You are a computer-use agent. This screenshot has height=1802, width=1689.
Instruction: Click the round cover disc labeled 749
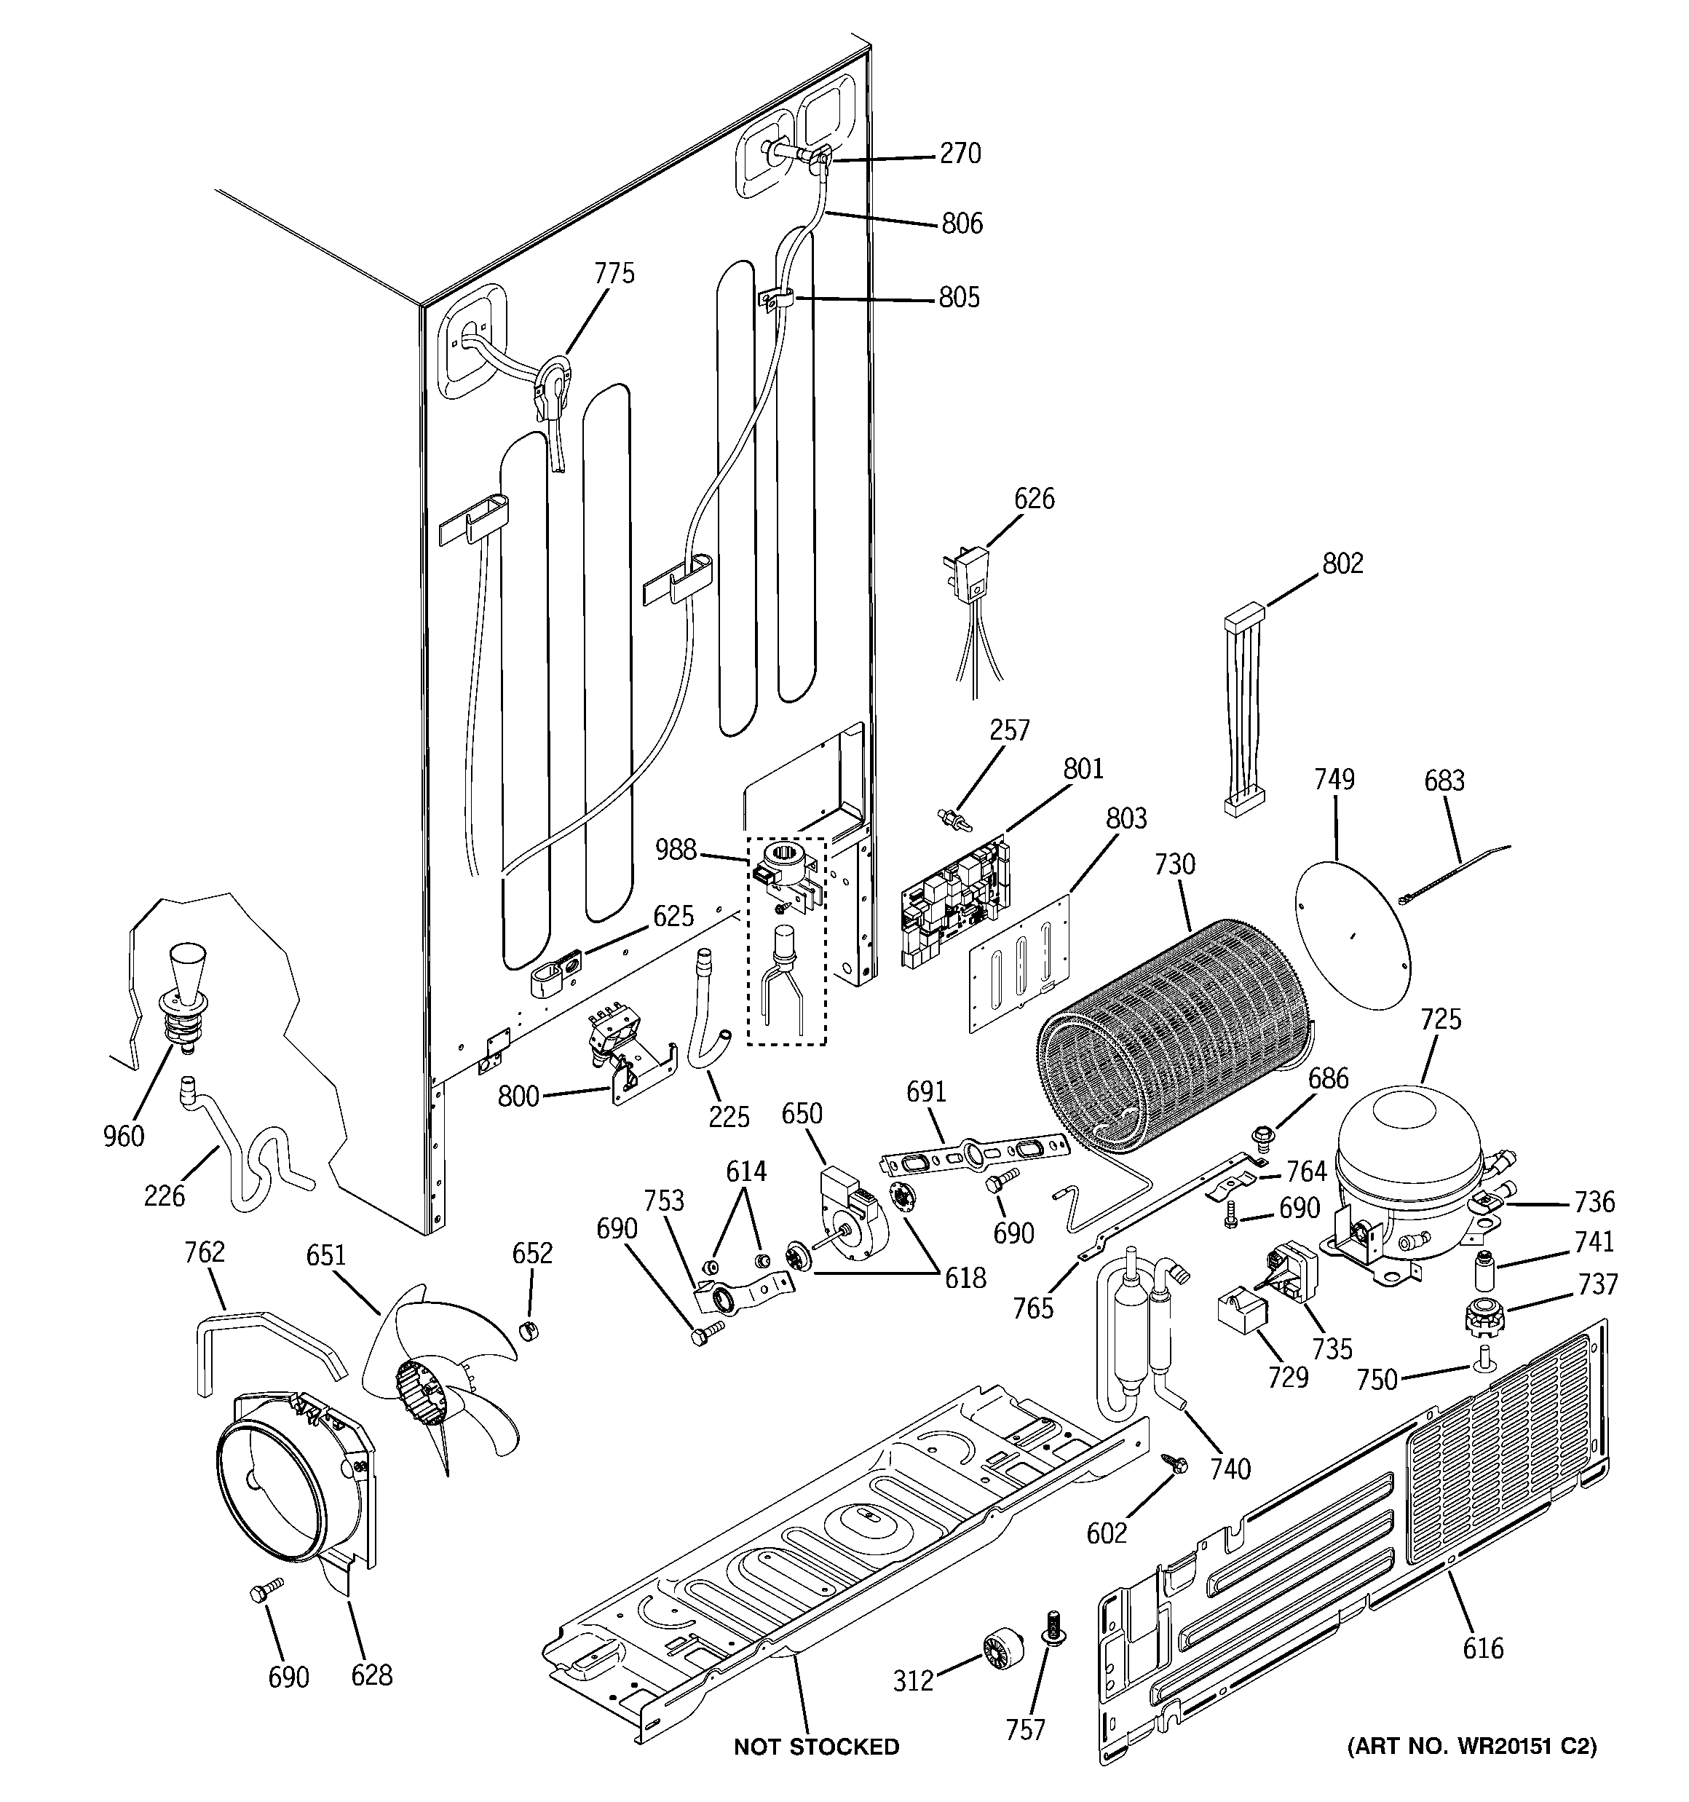click(x=1353, y=932)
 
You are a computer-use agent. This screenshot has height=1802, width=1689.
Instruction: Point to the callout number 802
click(x=1342, y=563)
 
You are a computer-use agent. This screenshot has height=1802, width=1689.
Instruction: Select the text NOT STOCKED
click(x=816, y=1747)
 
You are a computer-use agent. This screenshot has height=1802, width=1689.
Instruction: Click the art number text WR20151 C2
click(x=1471, y=1746)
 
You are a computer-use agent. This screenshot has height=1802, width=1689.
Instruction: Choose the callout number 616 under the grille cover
click(x=1482, y=1647)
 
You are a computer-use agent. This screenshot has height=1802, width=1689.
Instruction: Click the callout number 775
click(x=614, y=273)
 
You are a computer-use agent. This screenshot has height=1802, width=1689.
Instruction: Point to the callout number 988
click(x=676, y=850)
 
